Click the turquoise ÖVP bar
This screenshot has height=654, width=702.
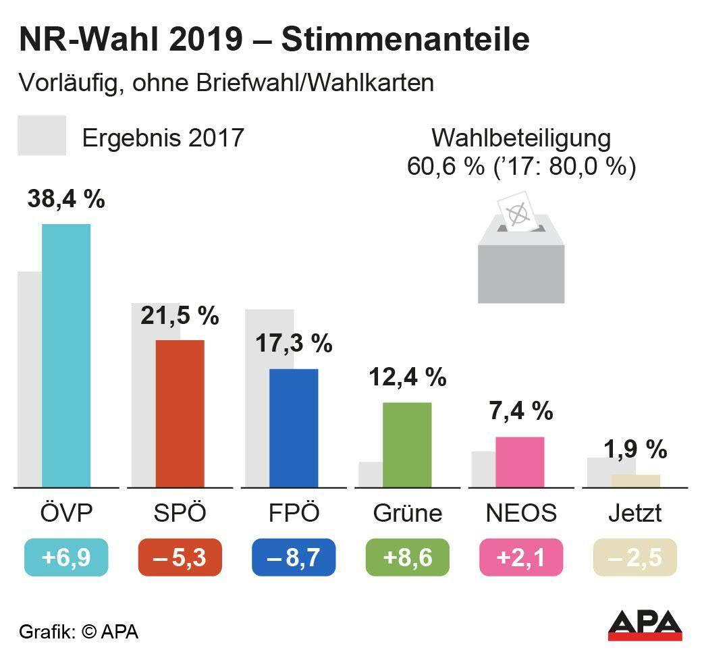tap(66, 355)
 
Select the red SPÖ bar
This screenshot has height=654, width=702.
tap(180, 413)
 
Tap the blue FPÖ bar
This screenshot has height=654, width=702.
tap(294, 427)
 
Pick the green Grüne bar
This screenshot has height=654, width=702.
tap(407, 444)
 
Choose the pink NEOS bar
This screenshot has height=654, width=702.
tap(520, 462)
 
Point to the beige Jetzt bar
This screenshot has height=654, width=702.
tap(635, 481)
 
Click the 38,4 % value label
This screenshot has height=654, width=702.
tap(66, 199)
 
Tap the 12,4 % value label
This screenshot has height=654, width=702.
tap(407, 377)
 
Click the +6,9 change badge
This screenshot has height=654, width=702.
tap(66, 557)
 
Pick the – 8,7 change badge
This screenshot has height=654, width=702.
tap(294, 557)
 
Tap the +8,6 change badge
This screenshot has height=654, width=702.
tap(407, 557)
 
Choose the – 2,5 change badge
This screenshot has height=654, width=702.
tap(634, 557)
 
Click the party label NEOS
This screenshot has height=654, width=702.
tap(521, 513)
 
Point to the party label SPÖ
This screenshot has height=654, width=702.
tap(179, 513)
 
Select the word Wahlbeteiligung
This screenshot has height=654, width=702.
tap(521, 138)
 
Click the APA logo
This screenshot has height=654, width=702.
tap(645, 624)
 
